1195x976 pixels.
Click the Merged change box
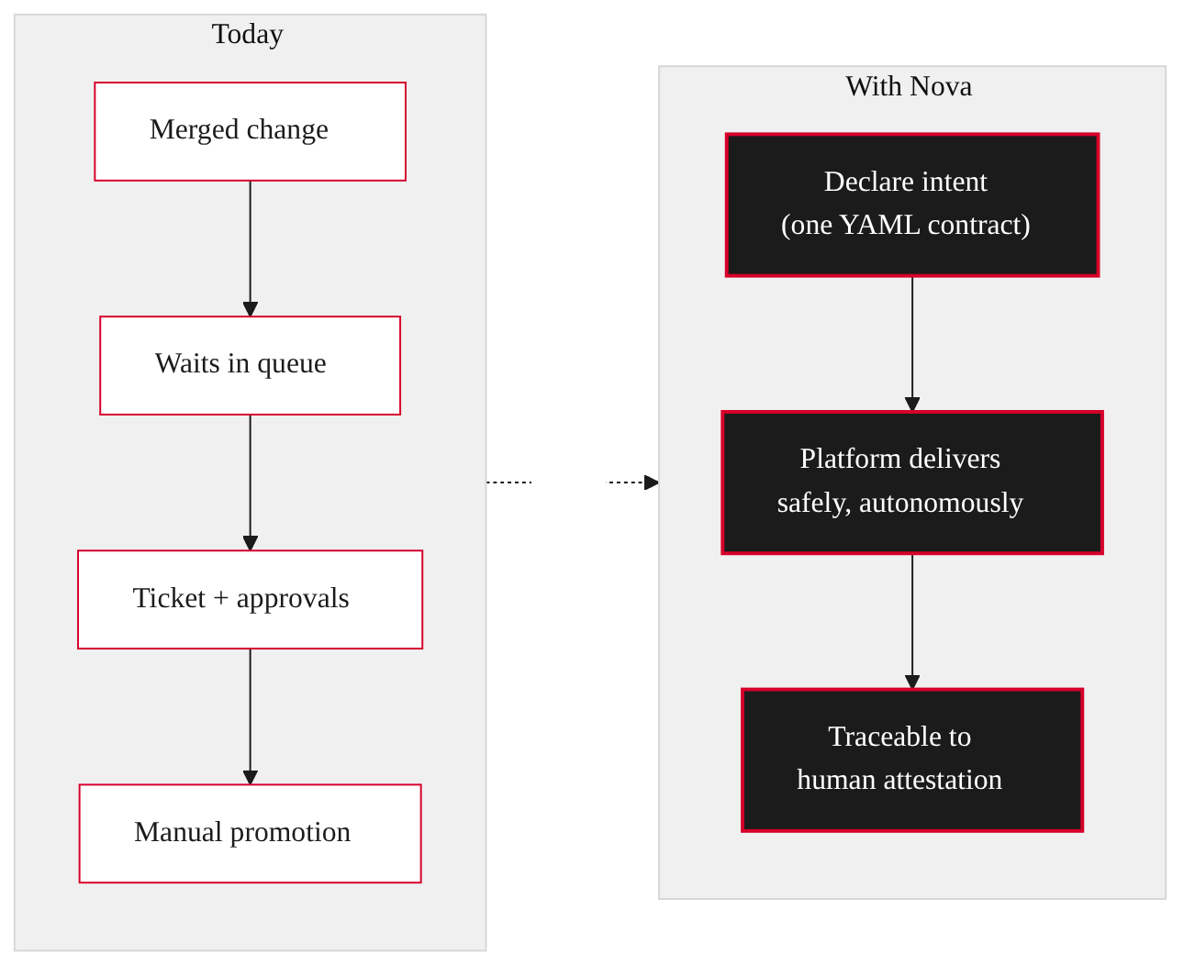250,131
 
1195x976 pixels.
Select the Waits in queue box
250,365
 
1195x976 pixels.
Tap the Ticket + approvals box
250,599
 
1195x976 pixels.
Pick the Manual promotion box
250,833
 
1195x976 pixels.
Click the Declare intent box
911,205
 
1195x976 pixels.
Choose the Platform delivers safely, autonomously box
911,482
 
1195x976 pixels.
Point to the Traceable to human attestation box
911,760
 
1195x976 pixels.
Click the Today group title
248,35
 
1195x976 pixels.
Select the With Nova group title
909,86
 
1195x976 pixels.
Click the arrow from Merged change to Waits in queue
250,249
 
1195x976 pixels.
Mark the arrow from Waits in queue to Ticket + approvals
250,482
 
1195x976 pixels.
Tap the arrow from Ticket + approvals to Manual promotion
250,716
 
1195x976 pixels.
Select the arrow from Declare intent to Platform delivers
911,344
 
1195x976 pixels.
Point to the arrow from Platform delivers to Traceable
911,621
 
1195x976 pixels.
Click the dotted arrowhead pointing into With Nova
652,482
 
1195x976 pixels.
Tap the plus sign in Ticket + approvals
220,598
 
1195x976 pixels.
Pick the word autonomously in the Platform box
941,503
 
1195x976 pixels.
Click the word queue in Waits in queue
291,364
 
